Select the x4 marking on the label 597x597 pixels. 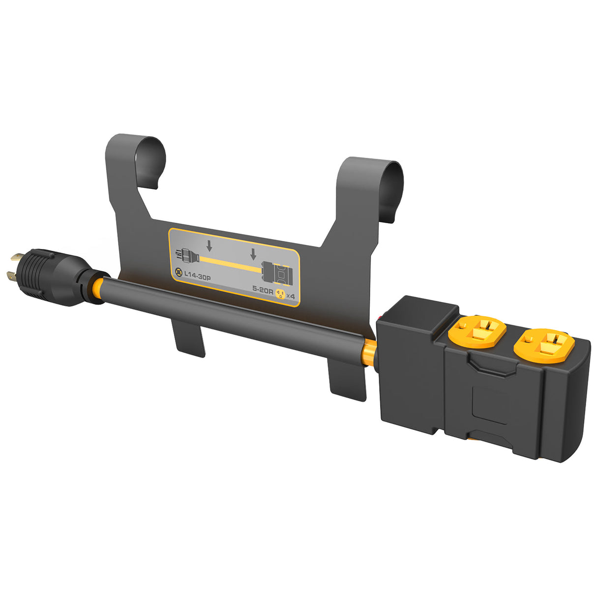pyautogui.click(x=291, y=296)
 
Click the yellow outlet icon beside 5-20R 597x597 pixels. pyautogui.click(x=280, y=294)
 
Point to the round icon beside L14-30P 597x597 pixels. pyautogui.click(x=178, y=272)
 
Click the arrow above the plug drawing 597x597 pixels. pyautogui.click(x=209, y=244)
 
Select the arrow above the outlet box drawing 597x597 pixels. pyautogui.click(x=253, y=254)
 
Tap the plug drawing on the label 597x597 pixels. pyautogui.click(x=186, y=256)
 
